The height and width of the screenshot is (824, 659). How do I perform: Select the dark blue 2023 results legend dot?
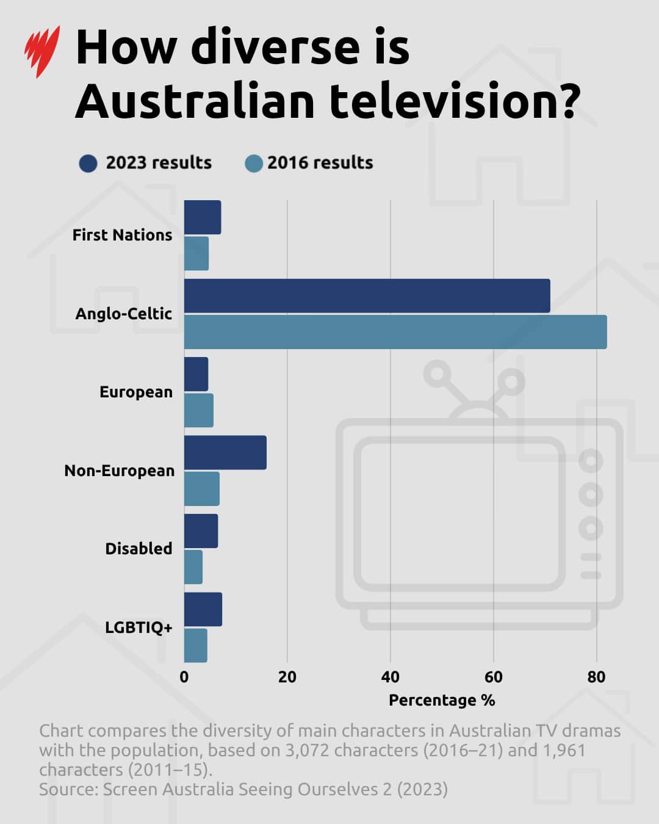click(x=88, y=164)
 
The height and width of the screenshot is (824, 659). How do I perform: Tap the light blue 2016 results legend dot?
click(x=253, y=164)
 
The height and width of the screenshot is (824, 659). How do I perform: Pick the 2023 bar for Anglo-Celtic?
click(x=367, y=296)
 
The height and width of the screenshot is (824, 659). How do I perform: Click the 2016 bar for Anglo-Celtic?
click(x=395, y=332)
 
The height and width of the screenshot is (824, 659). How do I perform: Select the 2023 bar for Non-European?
click(x=225, y=452)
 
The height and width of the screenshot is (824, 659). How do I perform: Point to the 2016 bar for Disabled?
click(x=193, y=567)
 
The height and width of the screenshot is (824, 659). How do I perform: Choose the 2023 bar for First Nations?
click(x=203, y=217)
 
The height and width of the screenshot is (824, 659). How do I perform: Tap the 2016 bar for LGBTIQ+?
click(x=195, y=645)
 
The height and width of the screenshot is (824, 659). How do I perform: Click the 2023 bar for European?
click(x=196, y=374)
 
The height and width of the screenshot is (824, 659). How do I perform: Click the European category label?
click(x=136, y=392)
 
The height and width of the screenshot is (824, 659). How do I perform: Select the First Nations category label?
click(x=122, y=235)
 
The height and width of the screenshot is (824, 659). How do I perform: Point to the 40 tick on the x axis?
click(x=390, y=677)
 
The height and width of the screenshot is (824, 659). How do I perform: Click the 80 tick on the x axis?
click(x=596, y=677)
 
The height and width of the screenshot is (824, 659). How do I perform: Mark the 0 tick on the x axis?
click(x=184, y=677)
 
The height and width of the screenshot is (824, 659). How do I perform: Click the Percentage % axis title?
click(x=442, y=700)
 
